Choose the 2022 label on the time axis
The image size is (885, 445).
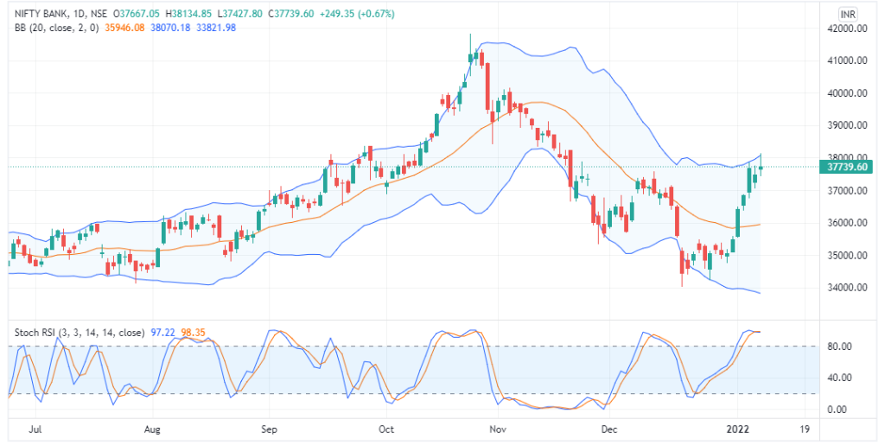737,429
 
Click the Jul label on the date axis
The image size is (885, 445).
36,429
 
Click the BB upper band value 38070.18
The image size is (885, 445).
171,28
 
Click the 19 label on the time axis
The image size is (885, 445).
804,429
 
